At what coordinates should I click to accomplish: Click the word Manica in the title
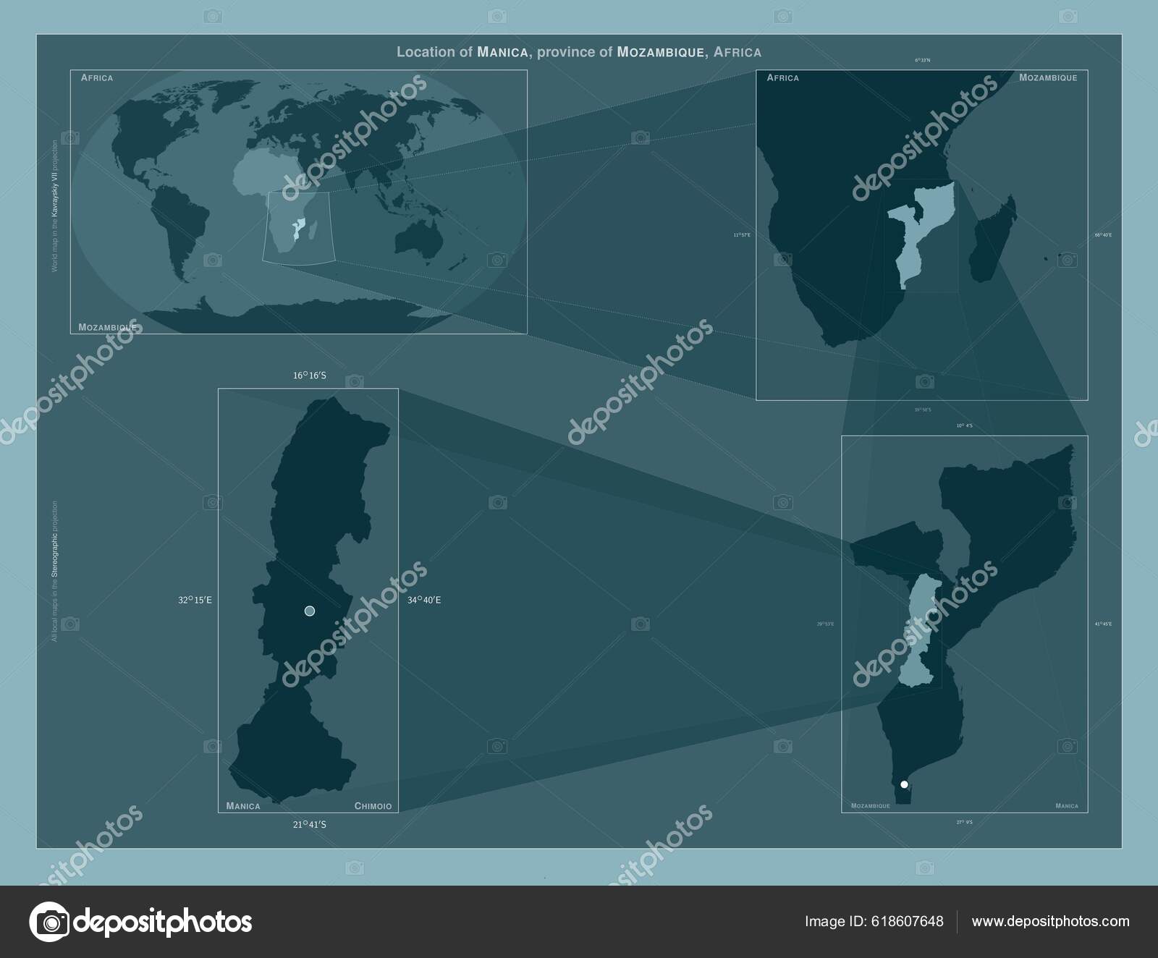(x=502, y=52)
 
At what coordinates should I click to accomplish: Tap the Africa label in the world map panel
(x=97, y=77)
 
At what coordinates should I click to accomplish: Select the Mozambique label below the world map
(x=107, y=327)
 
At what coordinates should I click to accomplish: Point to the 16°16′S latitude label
(x=309, y=376)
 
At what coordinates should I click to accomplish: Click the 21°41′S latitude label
(x=309, y=823)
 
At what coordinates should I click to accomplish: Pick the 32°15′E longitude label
(x=195, y=600)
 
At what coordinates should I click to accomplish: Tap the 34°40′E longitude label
(x=423, y=600)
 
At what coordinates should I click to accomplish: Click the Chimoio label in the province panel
(x=373, y=806)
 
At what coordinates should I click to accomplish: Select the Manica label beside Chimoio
(x=243, y=806)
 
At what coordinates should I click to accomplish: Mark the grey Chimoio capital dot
(x=310, y=611)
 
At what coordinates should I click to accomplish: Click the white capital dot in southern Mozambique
(x=904, y=784)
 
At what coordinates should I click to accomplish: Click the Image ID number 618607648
(x=910, y=921)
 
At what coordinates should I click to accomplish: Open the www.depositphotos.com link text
(x=1050, y=921)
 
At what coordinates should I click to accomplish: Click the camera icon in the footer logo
(x=49, y=921)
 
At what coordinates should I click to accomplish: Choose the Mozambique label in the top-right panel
(x=1047, y=77)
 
